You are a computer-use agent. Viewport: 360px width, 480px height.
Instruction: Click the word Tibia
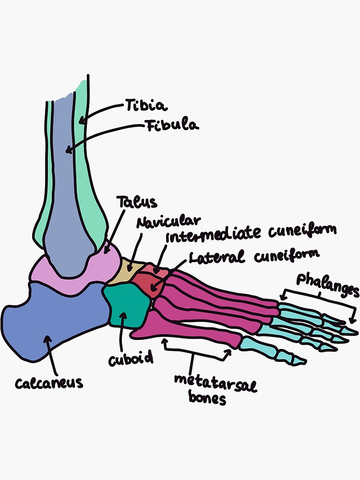[x=146, y=105]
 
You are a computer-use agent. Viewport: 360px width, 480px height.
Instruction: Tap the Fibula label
[x=171, y=126]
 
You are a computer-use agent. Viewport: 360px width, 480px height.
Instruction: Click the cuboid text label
[x=130, y=358]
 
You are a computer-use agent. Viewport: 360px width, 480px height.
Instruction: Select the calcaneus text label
[x=49, y=383]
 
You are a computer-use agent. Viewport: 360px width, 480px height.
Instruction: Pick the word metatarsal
[x=215, y=383]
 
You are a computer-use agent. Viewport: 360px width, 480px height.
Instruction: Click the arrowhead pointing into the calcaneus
[x=47, y=339]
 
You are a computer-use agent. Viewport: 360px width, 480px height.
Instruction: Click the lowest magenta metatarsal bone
[x=192, y=331]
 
